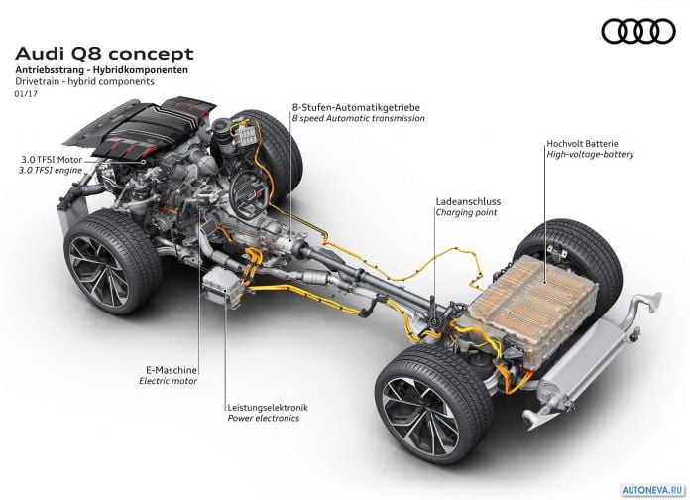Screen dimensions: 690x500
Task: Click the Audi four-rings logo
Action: click(638, 32)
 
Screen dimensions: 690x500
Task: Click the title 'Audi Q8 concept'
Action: click(104, 54)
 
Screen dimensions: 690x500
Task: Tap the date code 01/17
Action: click(26, 93)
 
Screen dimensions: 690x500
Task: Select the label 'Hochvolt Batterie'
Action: click(582, 143)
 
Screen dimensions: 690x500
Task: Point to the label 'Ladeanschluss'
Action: click(468, 201)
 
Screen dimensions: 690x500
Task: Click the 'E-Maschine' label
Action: click(172, 370)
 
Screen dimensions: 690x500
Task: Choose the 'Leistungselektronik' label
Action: click(268, 408)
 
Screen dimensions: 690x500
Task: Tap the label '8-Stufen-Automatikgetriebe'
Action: click(356, 107)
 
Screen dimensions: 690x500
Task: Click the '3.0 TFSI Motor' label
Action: click(52, 160)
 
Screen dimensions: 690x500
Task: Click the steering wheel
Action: click(248, 189)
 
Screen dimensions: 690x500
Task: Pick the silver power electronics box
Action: click(223, 286)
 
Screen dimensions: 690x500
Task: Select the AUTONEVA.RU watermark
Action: click(653, 489)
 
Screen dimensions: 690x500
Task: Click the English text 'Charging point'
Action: click(466, 212)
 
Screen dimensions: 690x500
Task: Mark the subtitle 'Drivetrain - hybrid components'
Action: click(84, 81)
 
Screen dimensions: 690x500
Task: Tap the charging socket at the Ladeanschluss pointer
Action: click(435, 322)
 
